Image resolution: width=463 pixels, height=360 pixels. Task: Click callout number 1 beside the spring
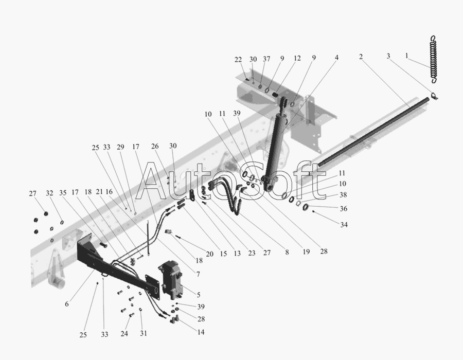pos(407,56)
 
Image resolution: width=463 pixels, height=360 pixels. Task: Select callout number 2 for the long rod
pos(361,57)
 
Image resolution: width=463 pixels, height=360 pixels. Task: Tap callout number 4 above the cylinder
pos(336,57)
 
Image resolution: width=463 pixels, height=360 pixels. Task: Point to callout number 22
pos(238,60)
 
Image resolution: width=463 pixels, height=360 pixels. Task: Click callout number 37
pos(266,59)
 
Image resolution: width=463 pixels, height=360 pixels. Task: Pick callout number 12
pos(297,58)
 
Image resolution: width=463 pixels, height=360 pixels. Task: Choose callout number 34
pos(344,225)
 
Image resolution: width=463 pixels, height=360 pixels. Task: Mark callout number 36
pos(343,209)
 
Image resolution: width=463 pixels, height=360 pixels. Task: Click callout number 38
pos(343,195)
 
